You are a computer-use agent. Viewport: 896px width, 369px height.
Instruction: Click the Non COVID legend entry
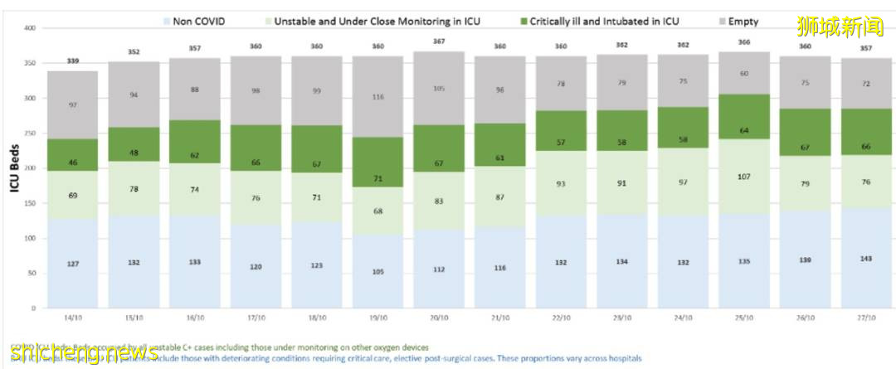click(197, 22)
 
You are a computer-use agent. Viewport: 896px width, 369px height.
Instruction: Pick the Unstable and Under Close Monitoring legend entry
click(374, 22)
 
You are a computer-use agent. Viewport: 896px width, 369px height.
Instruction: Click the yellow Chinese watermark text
click(840, 27)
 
